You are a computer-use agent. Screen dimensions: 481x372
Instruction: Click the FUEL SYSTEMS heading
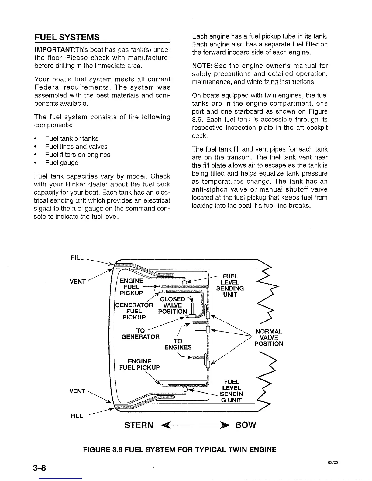tap(67, 37)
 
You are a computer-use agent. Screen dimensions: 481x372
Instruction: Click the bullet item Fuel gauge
tap(62, 163)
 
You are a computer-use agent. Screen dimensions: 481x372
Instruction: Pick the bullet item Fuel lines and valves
tap(76, 147)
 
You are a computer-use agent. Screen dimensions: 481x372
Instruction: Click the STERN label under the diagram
tap(139, 425)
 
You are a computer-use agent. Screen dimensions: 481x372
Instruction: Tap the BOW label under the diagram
tap(246, 425)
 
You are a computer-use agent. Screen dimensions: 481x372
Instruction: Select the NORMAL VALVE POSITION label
tap(269, 338)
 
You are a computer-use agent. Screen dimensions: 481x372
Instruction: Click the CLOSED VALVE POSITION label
tap(173, 305)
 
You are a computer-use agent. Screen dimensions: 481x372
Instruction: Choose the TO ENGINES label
tap(178, 344)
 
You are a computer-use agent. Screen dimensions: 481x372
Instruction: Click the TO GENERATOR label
tap(140, 333)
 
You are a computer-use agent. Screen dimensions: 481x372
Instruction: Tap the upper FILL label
tap(77, 258)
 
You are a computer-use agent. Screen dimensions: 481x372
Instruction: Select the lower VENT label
tap(77, 391)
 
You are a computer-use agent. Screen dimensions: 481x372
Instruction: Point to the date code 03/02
tap(333, 463)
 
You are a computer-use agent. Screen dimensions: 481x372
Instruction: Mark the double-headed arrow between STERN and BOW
tap(195, 425)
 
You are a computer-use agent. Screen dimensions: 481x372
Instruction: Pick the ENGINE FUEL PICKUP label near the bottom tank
tap(139, 364)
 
